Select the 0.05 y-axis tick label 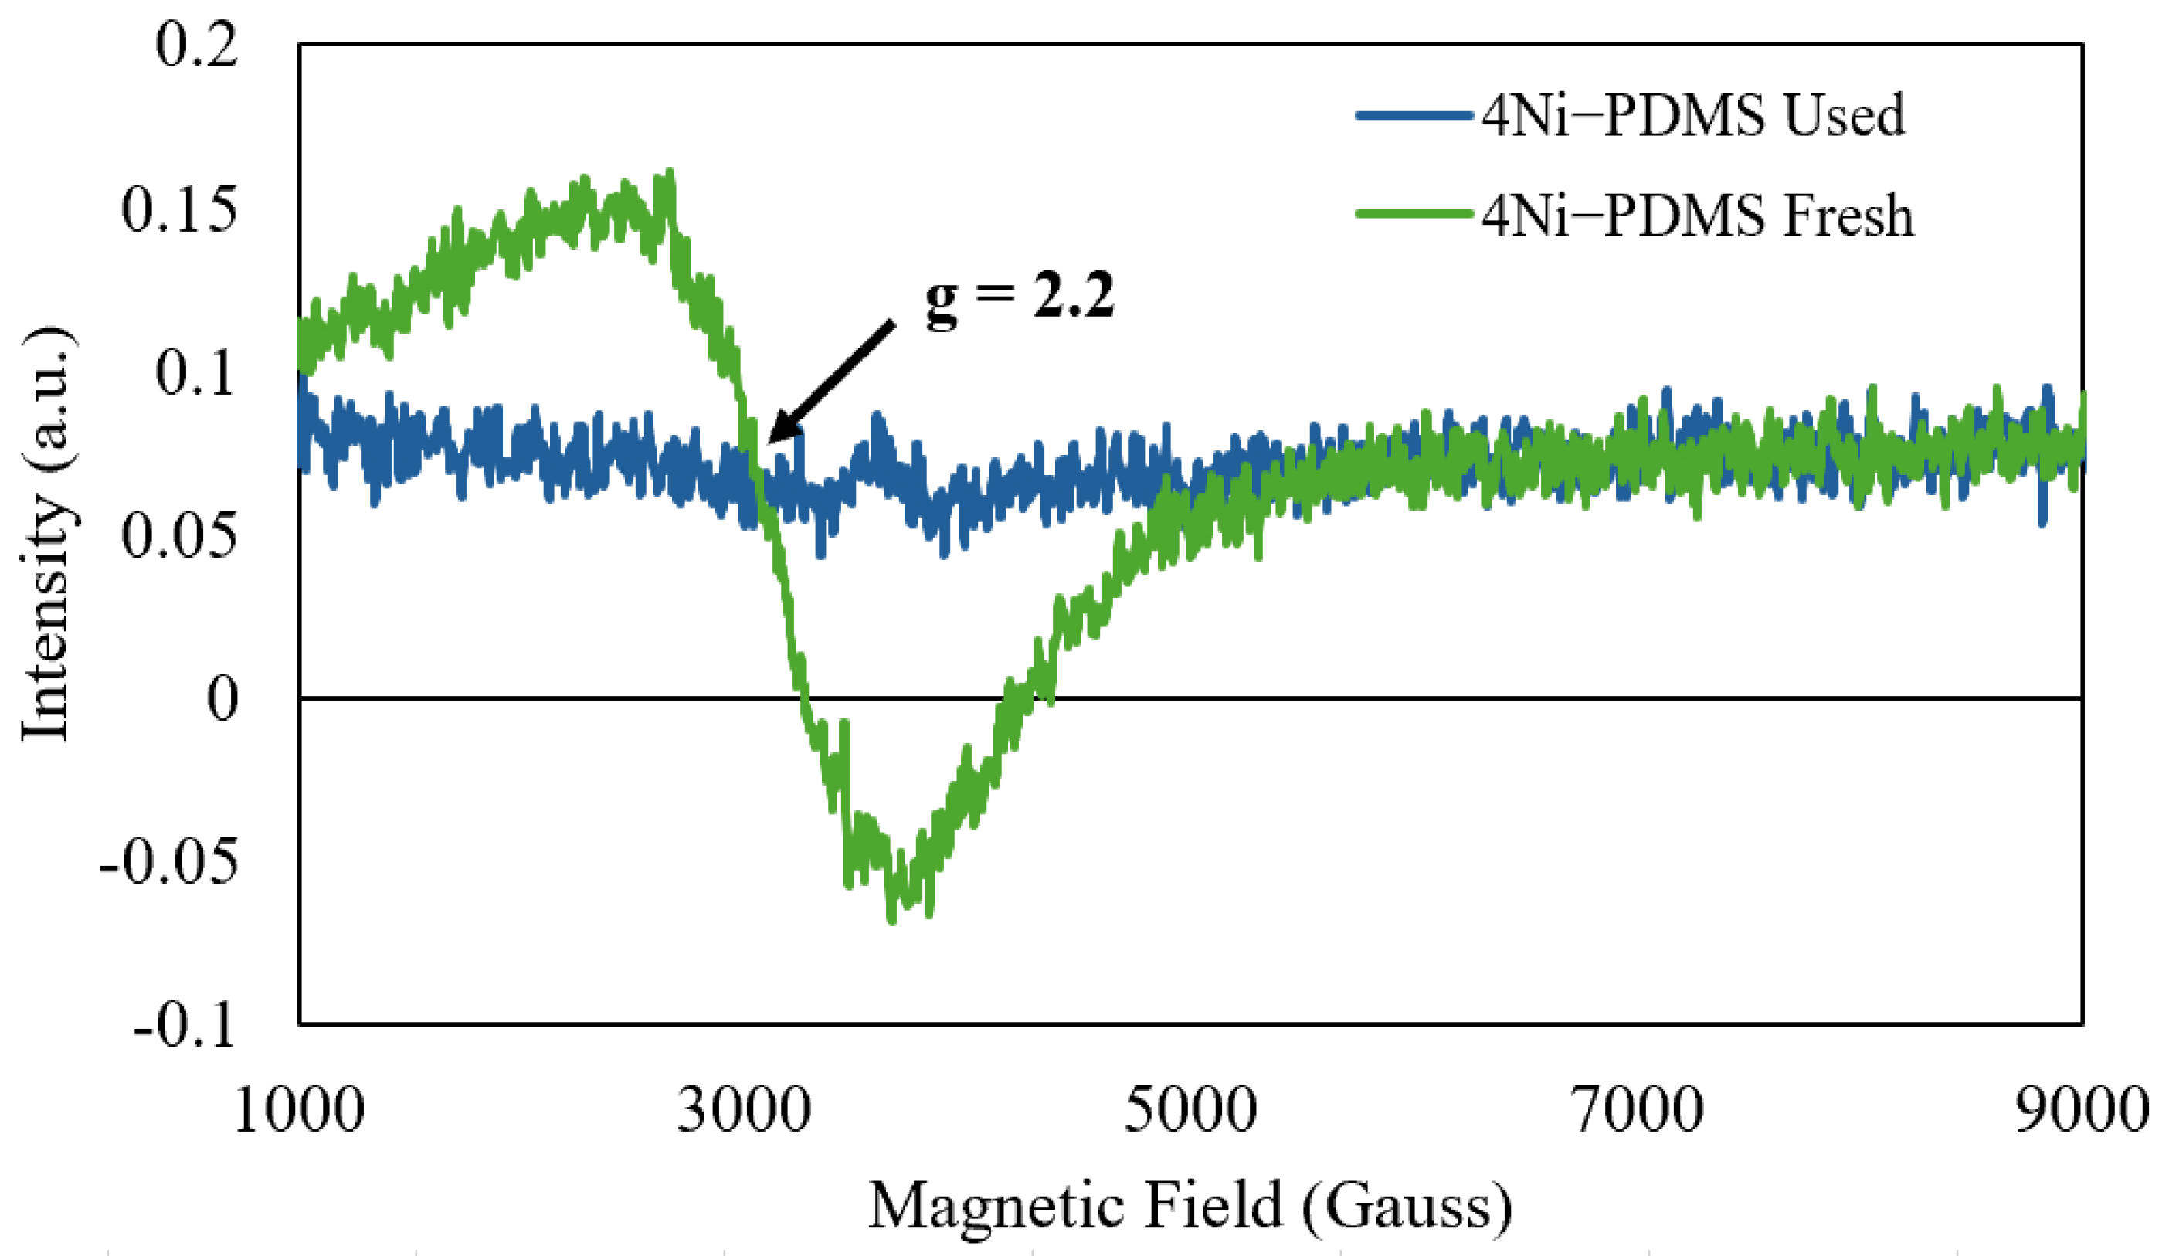pyautogui.click(x=179, y=535)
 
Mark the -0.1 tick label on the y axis pyautogui.click(x=185, y=1025)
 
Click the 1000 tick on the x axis pyautogui.click(x=299, y=1110)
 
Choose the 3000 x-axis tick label pyautogui.click(x=744, y=1110)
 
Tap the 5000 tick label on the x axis pyautogui.click(x=1190, y=1110)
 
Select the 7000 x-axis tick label pyautogui.click(x=1637, y=1110)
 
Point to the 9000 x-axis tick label pyautogui.click(x=2083, y=1110)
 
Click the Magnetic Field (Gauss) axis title pyautogui.click(x=1190, y=1206)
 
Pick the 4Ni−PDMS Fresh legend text pyautogui.click(x=1697, y=216)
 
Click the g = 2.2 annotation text pyautogui.click(x=1020, y=295)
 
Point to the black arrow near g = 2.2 pyautogui.click(x=830, y=382)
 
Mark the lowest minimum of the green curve pyautogui.click(x=891, y=921)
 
